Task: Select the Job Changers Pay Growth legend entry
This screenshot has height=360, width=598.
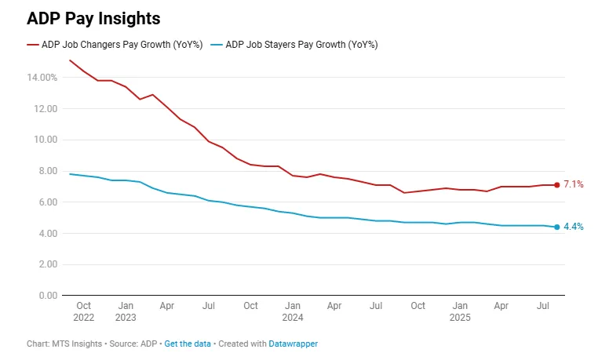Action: [115, 45]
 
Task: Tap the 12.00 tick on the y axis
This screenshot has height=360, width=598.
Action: [44, 108]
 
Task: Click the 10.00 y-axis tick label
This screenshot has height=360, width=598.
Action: [44, 140]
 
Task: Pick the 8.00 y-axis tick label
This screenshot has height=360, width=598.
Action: [46, 171]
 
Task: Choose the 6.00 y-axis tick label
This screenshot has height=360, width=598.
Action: [46, 202]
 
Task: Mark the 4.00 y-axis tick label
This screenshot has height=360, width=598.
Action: [46, 234]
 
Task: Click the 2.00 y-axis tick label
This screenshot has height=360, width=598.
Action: [46, 264]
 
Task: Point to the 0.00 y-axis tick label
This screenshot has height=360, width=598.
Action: [46, 296]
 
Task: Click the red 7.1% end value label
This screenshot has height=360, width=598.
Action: [574, 185]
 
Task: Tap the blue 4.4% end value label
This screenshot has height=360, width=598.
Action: [574, 227]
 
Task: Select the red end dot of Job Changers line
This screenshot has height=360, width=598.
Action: [557, 185]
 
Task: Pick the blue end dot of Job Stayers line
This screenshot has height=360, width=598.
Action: [557, 227]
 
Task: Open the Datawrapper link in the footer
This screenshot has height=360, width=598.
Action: [293, 344]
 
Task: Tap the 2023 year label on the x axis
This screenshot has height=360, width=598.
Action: [126, 318]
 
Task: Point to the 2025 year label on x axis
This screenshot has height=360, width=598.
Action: [460, 318]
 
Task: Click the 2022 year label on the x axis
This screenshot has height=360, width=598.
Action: [84, 318]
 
